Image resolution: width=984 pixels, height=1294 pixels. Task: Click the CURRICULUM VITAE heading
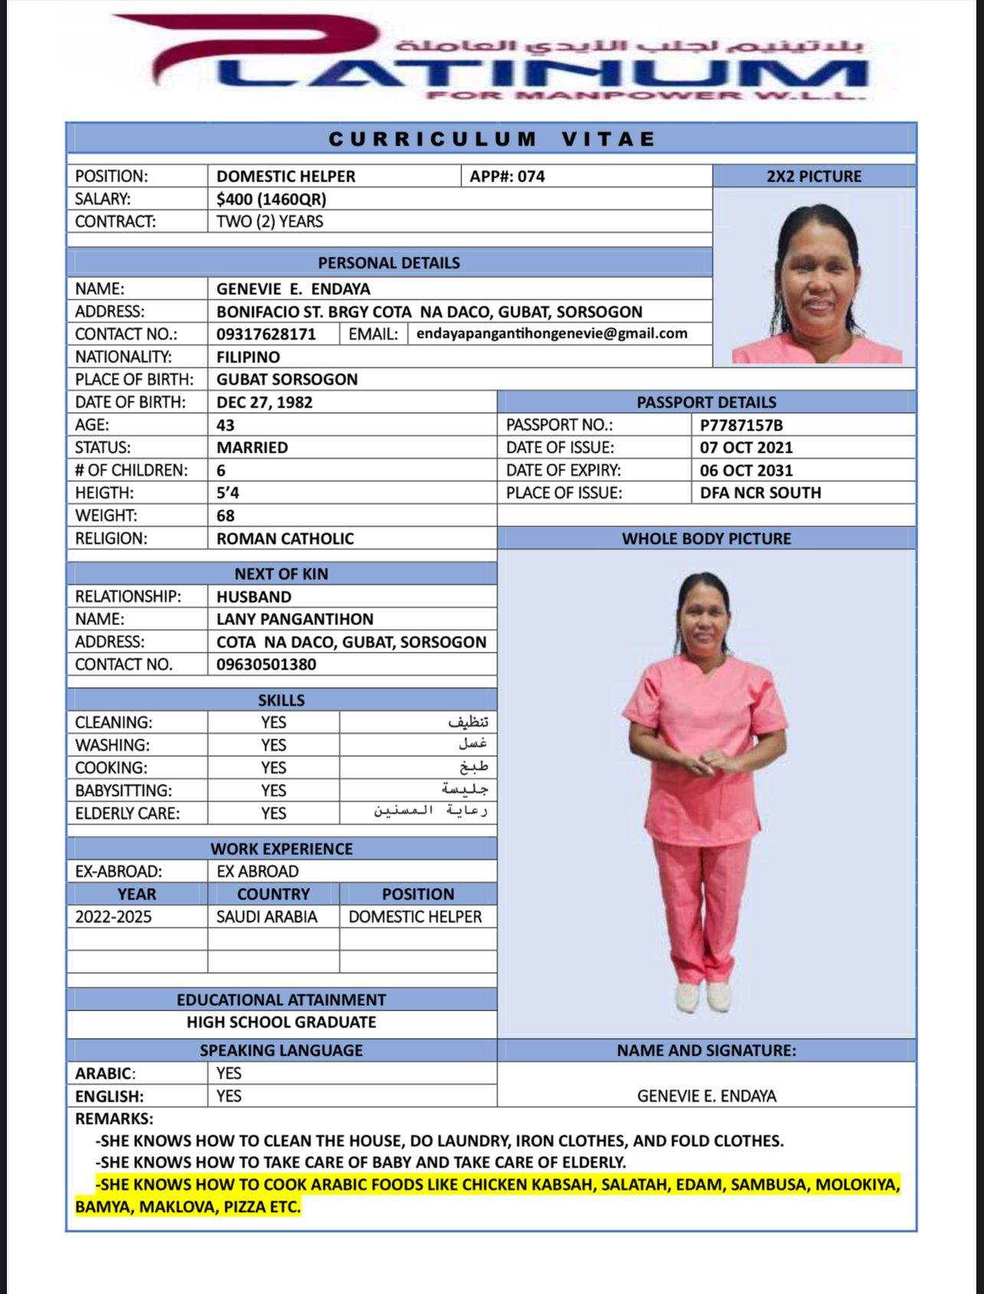coord(491,139)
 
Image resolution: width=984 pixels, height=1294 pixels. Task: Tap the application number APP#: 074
coord(507,176)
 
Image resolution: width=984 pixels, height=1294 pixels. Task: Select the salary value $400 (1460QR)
coord(271,199)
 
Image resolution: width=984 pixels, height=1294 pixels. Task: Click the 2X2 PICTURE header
coord(814,176)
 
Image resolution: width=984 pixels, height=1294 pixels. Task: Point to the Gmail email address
coord(552,333)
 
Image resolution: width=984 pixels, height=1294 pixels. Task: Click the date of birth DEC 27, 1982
coord(264,402)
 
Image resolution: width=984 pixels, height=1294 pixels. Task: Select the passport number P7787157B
coord(741,425)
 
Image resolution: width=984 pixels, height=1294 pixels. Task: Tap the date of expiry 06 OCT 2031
coord(746,470)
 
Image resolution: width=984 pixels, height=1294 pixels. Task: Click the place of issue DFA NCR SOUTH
coord(760,493)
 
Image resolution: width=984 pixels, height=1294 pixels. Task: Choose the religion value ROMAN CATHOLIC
coord(285,539)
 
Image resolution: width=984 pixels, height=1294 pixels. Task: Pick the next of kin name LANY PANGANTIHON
coord(294,619)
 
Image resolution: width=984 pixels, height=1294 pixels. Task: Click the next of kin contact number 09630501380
coord(266,664)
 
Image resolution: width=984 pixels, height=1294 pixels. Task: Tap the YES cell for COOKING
coord(273,768)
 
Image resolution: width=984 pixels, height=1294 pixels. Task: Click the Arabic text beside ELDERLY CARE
coord(431,811)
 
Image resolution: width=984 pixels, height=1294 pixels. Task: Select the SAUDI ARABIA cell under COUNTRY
coord(266,916)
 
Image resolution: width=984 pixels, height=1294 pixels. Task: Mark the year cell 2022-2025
coord(113,916)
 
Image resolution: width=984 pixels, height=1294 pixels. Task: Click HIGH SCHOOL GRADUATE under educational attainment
coord(281,1022)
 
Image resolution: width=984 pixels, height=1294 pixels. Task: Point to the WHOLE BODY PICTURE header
coord(706,539)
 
